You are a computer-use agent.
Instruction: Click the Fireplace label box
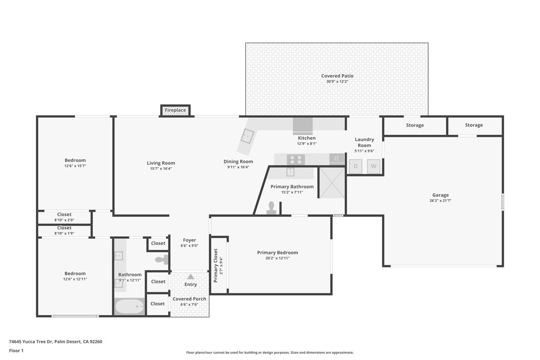(175, 110)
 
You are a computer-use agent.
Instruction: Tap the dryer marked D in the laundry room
(355, 167)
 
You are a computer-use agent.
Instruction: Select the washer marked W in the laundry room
(373, 167)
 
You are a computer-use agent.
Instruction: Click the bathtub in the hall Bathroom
(130, 306)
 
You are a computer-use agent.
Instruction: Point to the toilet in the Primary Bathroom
(272, 208)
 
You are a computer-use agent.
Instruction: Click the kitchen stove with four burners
(296, 159)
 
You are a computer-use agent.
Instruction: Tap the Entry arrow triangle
(190, 277)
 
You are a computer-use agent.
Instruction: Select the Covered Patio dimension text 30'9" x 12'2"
(337, 82)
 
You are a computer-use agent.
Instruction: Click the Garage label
(440, 195)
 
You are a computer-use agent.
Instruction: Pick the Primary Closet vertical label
(216, 265)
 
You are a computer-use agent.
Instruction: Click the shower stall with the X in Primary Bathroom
(332, 182)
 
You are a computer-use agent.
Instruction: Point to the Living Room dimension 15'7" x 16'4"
(161, 169)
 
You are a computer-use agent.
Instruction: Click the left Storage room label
(414, 125)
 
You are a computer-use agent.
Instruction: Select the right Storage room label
(474, 125)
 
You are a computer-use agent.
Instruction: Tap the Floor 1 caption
(16, 351)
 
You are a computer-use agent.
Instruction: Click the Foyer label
(189, 240)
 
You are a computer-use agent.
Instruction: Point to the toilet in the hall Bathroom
(162, 259)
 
